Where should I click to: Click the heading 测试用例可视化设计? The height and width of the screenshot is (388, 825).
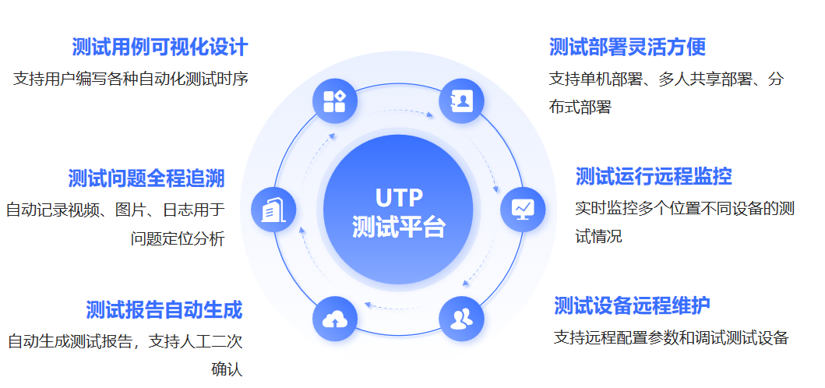coord(160,47)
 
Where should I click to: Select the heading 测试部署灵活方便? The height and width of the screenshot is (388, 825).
coord(627,47)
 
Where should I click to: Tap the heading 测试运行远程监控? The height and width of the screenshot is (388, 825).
coord(654,176)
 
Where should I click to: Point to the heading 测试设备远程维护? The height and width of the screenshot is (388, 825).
coord(632,305)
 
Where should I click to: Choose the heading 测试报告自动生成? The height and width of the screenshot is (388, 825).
coord(164,309)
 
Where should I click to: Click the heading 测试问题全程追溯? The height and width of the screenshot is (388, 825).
coord(146,178)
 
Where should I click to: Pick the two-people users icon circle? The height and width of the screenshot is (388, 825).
coord(461,318)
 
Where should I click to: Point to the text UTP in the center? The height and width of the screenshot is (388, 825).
coord(398,197)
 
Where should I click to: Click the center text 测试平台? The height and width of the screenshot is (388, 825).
coord(398,227)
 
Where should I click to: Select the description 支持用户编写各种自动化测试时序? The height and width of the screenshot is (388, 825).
coord(131,79)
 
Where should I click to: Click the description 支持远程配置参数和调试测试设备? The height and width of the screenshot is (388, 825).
coord(672,337)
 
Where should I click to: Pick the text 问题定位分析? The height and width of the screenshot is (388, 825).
coord(178,238)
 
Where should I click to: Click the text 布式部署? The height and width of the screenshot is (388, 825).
coord(580,108)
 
